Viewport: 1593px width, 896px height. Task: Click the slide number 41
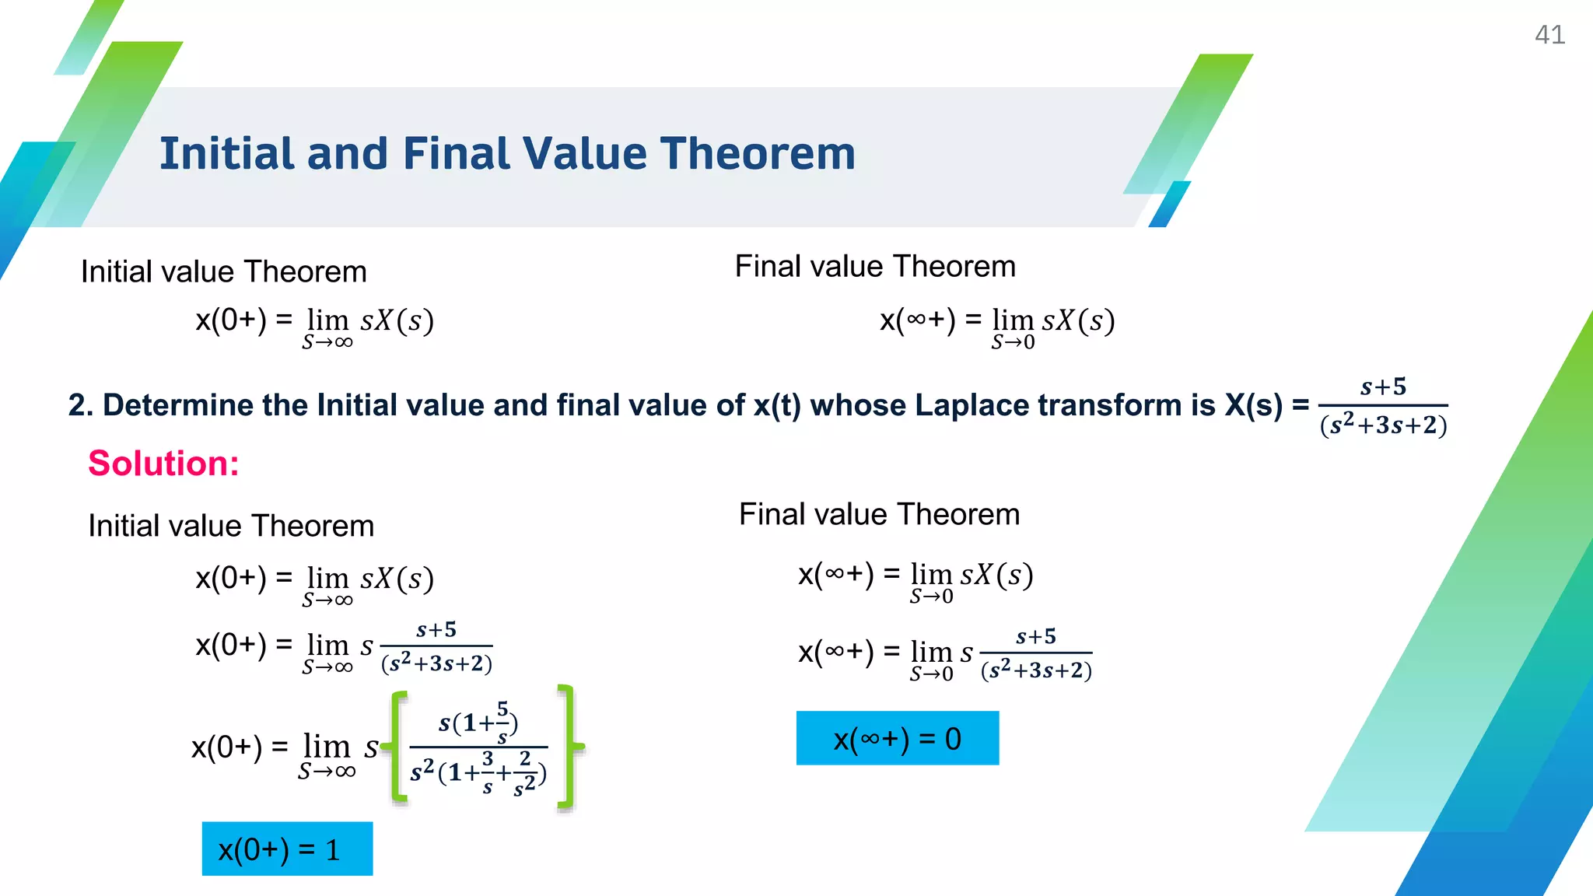(1549, 35)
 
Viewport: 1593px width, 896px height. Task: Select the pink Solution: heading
(163, 464)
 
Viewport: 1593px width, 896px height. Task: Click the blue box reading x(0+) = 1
(287, 849)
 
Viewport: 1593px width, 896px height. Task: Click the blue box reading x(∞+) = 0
(897, 738)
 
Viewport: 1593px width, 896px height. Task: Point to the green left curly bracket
(397, 747)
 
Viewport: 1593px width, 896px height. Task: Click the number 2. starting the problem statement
(80, 405)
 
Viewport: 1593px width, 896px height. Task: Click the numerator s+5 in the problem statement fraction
(1383, 387)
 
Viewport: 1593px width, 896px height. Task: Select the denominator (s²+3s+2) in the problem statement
(1383, 425)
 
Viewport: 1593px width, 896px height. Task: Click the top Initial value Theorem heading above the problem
(223, 272)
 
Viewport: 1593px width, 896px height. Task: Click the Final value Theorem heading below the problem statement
(879, 514)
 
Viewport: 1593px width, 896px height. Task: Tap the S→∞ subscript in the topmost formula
(327, 342)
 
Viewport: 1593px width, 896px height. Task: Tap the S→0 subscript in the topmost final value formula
(1013, 342)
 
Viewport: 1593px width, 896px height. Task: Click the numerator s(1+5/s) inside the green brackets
(478, 722)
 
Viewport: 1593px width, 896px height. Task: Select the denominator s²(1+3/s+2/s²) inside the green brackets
(478, 773)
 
